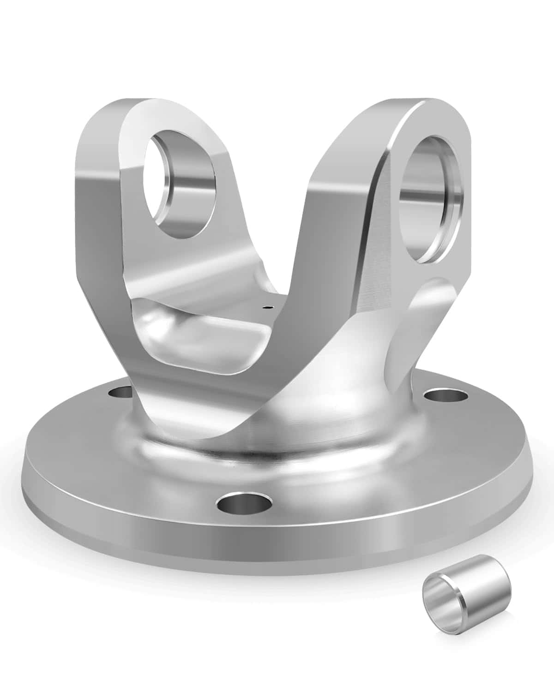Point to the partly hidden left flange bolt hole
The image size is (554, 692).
click(120, 393)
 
